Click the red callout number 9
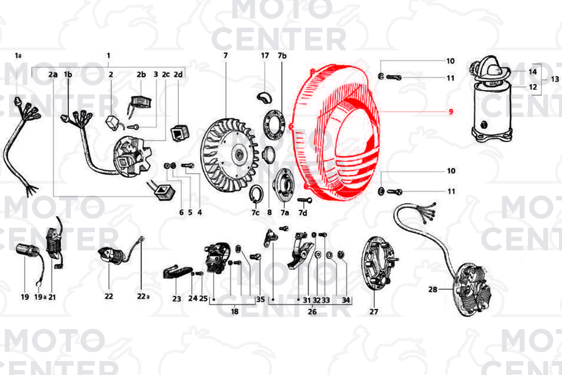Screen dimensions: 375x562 (451, 111)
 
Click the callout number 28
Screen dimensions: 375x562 (433, 289)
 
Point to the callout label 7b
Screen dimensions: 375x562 (282, 56)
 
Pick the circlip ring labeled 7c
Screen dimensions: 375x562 (256, 194)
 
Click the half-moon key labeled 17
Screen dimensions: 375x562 (265, 97)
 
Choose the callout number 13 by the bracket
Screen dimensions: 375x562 (555, 79)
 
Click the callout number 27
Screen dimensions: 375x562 (374, 311)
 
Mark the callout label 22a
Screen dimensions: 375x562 (143, 296)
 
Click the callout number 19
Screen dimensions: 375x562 (25, 297)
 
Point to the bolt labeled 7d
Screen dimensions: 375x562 (305, 200)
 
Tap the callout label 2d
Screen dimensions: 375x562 (178, 74)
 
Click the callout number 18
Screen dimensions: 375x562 (235, 311)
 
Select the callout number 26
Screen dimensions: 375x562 (312, 311)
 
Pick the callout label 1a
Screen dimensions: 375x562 (18, 56)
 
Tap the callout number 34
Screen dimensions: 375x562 (346, 300)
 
